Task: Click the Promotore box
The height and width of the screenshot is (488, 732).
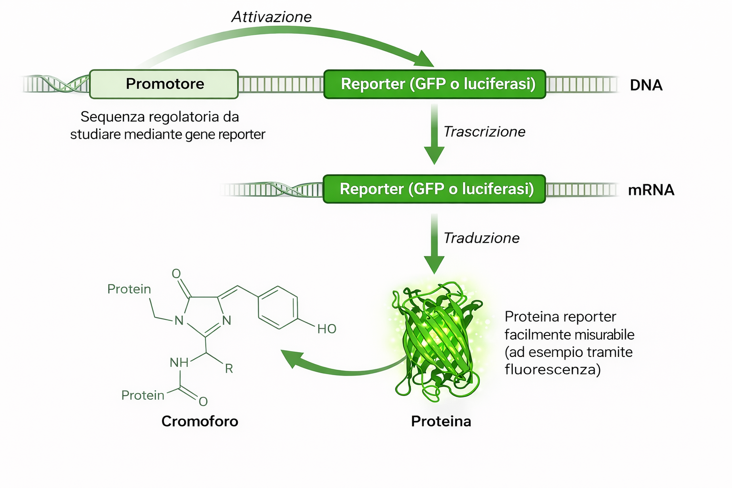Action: [163, 84]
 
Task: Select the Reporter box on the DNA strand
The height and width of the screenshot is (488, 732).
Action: [435, 84]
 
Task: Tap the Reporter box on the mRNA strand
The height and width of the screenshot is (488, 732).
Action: [434, 189]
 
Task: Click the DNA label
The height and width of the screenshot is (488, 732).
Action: [646, 85]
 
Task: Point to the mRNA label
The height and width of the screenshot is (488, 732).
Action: [651, 190]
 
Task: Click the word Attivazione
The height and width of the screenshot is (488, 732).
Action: [271, 17]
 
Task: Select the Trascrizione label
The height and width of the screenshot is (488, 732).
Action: [484, 132]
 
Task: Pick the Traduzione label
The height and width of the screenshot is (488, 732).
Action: [481, 238]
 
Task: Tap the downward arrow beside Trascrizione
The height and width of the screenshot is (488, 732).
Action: [434, 138]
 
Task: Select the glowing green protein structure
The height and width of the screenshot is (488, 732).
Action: [437, 341]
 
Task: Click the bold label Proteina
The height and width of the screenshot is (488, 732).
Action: [441, 421]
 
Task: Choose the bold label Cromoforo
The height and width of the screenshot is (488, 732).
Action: [200, 421]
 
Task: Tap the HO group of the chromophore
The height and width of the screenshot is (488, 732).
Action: [327, 329]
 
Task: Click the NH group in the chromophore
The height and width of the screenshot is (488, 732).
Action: [179, 363]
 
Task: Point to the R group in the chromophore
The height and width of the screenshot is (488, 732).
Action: [229, 368]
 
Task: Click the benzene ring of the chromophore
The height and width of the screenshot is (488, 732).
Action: [278, 308]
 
